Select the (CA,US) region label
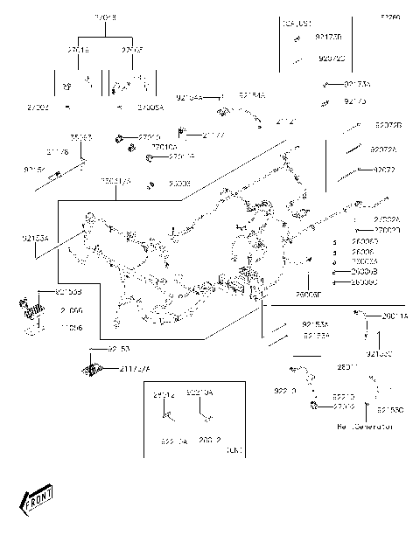click(x=297, y=24)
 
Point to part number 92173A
click(x=356, y=84)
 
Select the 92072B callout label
click(x=388, y=125)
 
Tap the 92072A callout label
click(x=383, y=149)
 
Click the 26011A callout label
click(x=392, y=316)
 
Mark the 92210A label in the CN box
click(x=199, y=393)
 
